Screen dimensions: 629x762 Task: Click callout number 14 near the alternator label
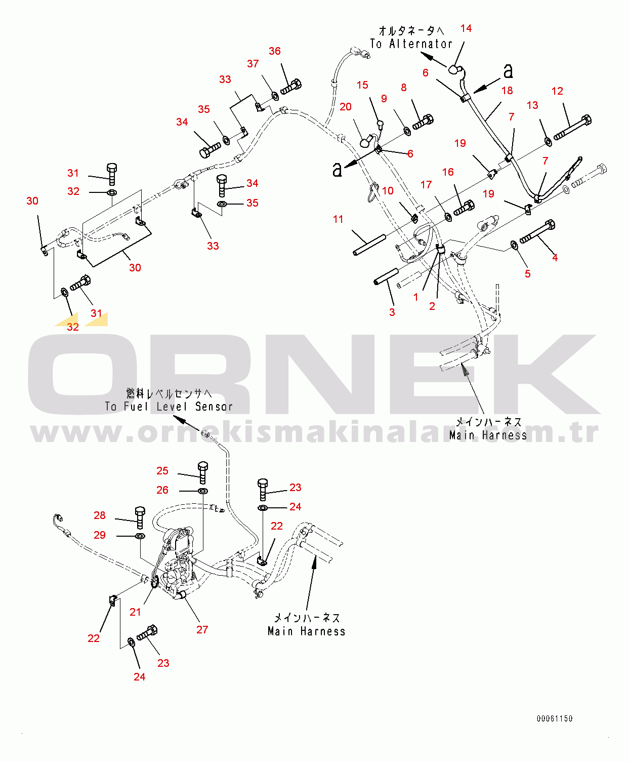click(x=466, y=28)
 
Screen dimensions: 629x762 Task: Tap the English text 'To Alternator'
click(x=411, y=44)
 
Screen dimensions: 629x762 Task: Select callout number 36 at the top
click(x=275, y=51)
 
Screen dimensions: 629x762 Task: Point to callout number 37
click(x=253, y=64)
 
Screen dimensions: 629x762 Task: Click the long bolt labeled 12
click(x=572, y=128)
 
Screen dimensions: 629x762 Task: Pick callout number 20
click(x=346, y=107)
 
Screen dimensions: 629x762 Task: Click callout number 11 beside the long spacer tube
click(x=338, y=219)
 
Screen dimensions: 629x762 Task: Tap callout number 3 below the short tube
click(x=392, y=312)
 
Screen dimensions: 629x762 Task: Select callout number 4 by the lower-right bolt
click(x=555, y=258)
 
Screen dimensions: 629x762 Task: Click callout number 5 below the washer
click(x=528, y=274)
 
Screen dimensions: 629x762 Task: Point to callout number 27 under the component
click(x=202, y=629)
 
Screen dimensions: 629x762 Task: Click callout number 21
click(x=135, y=612)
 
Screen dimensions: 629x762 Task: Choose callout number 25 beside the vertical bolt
click(x=162, y=471)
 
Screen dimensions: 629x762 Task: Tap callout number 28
click(x=100, y=515)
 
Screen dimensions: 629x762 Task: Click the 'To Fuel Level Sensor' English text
click(x=169, y=407)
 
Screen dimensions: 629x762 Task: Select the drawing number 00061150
click(x=555, y=718)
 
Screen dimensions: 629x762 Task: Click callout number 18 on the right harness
click(x=507, y=91)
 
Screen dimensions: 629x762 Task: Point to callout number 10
click(x=388, y=191)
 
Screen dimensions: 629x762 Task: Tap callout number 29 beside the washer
click(x=100, y=535)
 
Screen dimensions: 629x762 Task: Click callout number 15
click(x=362, y=86)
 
